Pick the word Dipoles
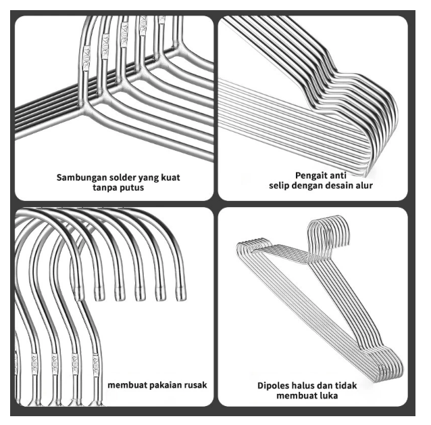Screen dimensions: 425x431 tap(274, 386)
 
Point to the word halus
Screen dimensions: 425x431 tap(307, 386)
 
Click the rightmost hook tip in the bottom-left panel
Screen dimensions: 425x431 tap(180, 292)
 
